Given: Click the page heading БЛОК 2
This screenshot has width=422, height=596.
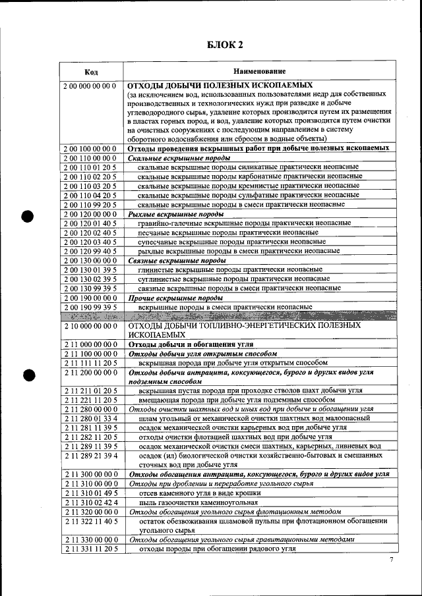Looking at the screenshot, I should (x=226, y=45).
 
